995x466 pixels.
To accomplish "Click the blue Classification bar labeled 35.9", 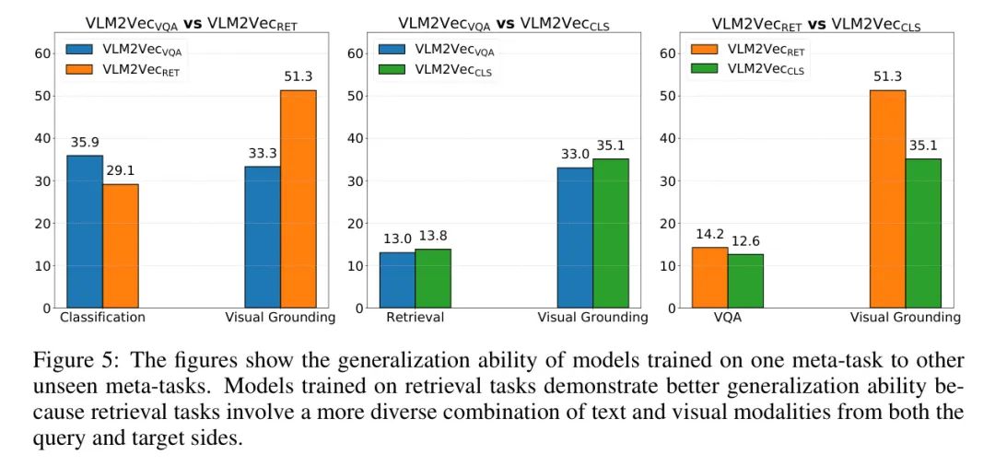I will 84,231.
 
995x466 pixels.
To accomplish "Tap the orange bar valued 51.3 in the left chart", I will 298,199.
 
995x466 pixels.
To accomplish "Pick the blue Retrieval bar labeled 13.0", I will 397,280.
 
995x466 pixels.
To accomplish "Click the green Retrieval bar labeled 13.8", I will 433,278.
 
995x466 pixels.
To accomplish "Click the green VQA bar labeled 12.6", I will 745,281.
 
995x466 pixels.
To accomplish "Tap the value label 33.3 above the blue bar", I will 263,154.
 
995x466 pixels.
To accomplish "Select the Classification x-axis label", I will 102,318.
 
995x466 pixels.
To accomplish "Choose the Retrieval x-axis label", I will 415,318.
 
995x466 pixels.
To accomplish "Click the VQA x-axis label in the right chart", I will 728,318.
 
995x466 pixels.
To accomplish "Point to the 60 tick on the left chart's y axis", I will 42,53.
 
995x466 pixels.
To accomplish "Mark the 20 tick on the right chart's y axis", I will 669,223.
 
